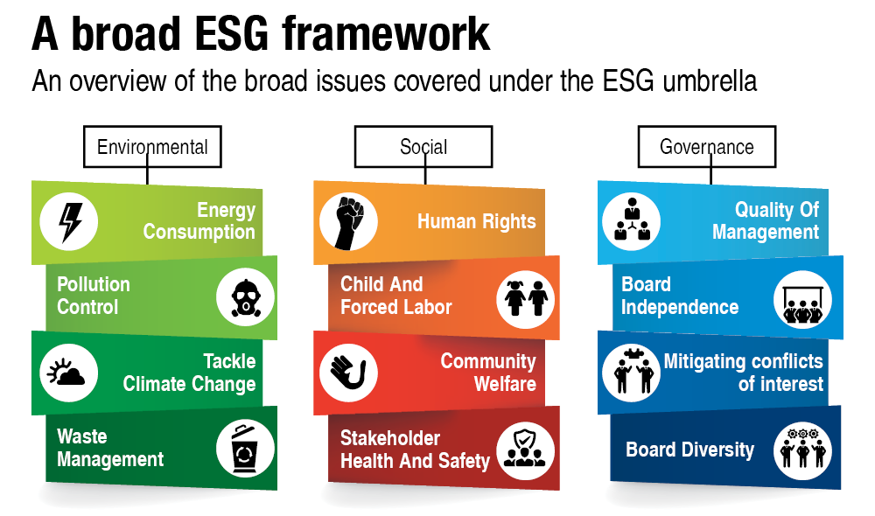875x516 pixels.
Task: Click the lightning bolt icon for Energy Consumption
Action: coord(70,221)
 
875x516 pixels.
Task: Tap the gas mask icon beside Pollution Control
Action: coord(246,298)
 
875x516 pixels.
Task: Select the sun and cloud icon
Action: coord(67,372)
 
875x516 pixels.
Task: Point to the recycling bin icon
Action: coord(244,449)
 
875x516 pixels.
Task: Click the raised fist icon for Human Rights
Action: coord(349,222)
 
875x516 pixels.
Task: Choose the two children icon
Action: coord(526,298)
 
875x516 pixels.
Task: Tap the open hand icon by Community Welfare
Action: coord(348,373)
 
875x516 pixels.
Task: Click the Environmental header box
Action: coord(152,147)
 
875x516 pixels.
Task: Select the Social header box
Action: coord(423,147)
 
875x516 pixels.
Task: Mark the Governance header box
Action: coord(707,147)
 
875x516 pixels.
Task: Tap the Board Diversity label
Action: coord(690,450)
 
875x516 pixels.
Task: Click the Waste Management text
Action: coord(110,448)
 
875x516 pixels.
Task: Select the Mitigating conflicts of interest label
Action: coord(743,372)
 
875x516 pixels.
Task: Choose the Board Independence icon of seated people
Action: coord(802,303)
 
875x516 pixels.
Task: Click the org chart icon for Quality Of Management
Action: coord(632,220)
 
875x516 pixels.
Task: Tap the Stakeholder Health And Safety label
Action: coord(415,450)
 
